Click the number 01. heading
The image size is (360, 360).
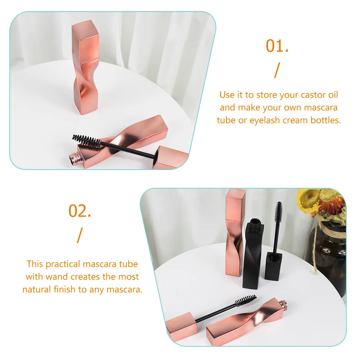pos(277,46)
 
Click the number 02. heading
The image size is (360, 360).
pos(80,211)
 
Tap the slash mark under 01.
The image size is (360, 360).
pos(276,70)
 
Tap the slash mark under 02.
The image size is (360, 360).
pos(79,235)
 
